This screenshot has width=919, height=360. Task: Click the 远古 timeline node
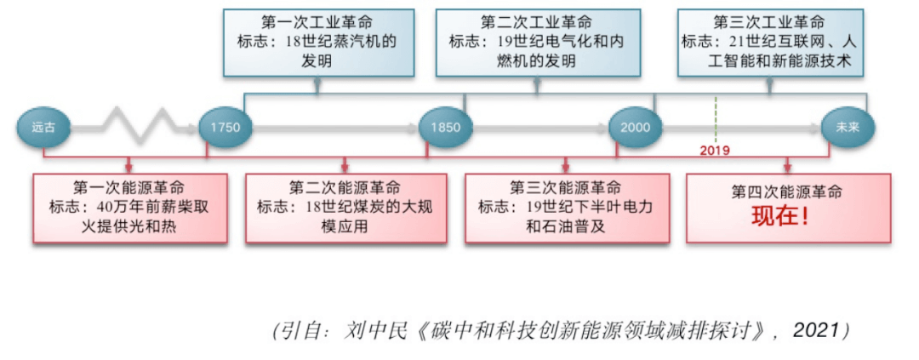point(43,128)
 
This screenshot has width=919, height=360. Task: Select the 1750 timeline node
point(226,128)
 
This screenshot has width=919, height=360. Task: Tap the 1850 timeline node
point(446,128)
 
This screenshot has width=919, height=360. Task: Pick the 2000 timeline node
point(635,128)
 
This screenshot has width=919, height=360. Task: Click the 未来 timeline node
point(847,128)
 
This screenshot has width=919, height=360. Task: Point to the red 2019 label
point(715,150)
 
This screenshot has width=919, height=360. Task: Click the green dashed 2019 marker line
point(716,119)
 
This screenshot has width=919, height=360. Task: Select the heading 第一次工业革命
point(317,21)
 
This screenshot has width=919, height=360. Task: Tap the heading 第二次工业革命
point(536,21)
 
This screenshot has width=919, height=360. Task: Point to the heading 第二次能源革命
point(345,188)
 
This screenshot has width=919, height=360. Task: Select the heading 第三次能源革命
point(565,188)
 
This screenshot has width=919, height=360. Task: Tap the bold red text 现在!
point(779,216)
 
